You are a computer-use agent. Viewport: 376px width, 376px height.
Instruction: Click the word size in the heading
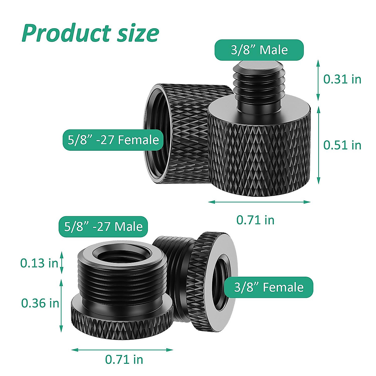(x=138, y=33)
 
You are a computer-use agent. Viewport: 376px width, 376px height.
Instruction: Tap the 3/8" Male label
(x=259, y=50)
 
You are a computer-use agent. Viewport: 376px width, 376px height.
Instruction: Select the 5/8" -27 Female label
(x=113, y=140)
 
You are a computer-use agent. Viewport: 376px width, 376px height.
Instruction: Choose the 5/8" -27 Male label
(x=103, y=227)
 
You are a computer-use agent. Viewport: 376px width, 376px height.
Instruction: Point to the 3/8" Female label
(x=269, y=287)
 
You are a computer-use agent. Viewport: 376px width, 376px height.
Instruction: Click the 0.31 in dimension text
(x=342, y=79)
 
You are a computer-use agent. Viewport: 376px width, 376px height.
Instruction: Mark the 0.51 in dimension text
(x=342, y=145)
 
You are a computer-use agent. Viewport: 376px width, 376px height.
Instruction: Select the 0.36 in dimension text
(x=40, y=303)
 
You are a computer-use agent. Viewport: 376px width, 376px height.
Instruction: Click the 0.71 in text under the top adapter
(x=255, y=220)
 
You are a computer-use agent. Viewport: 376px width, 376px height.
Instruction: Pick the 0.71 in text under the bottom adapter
(x=124, y=359)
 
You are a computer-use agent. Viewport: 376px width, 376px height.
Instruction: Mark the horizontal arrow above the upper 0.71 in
(x=259, y=202)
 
